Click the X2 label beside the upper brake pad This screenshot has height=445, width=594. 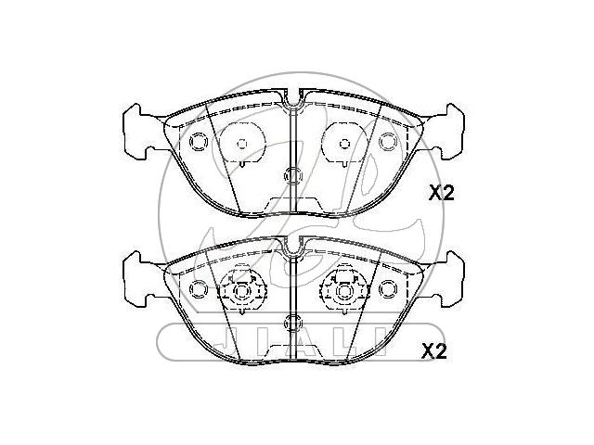tap(441, 194)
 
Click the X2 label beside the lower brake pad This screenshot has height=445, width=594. tap(434, 352)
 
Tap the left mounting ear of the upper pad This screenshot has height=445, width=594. tap(139, 132)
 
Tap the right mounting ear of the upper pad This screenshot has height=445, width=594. tap(447, 132)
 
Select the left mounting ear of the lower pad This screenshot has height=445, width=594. tap(139, 279)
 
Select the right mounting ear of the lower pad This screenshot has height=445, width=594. tap(447, 279)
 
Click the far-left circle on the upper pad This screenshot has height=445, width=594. tap(199, 142)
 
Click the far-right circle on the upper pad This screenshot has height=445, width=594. tap(388, 142)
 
